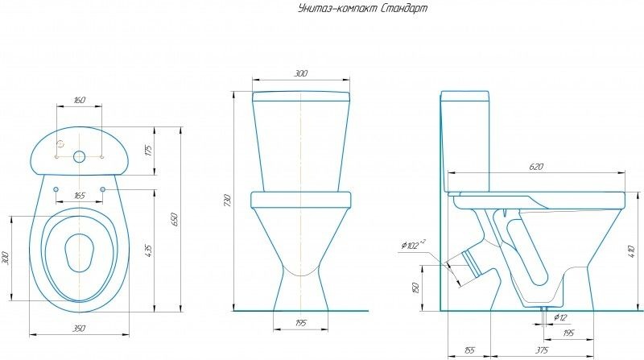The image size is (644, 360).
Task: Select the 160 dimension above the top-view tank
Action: pos(79,100)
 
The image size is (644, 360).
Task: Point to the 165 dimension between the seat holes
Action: pos(80,196)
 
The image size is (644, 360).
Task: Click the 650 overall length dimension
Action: pos(172,218)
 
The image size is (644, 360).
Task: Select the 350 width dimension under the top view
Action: pos(79,329)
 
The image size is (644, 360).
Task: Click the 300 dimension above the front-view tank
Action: pos(300,73)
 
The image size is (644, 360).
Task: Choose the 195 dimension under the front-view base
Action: pos(300,323)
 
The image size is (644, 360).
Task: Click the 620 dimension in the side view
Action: pos(536,167)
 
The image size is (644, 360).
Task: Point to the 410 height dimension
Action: pos(631,250)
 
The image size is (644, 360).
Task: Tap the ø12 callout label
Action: pos(560,317)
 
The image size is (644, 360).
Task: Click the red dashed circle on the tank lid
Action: pos(60,144)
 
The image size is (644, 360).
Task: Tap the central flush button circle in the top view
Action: pos(79,155)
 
